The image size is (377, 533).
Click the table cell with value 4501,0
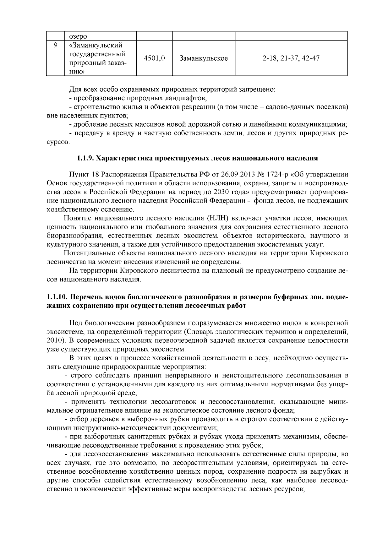154,58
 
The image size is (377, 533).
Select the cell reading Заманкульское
203,58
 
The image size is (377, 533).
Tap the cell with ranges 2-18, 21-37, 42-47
291,58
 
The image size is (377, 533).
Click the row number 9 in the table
55,45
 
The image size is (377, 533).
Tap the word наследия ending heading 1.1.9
302,158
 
